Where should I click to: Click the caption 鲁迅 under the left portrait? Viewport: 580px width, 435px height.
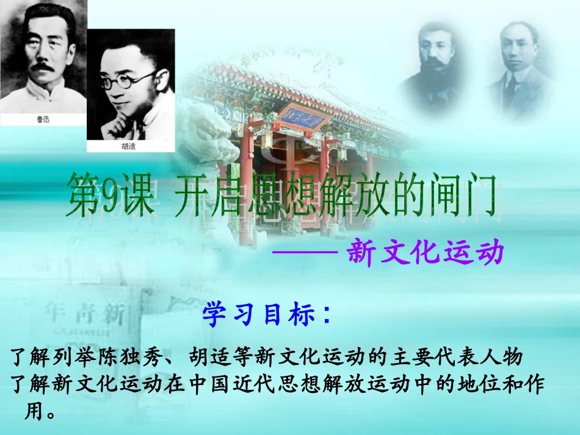(x=43, y=120)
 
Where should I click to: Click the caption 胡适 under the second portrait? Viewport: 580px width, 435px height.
(x=130, y=146)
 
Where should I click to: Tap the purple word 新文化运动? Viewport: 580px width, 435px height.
(x=425, y=253)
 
